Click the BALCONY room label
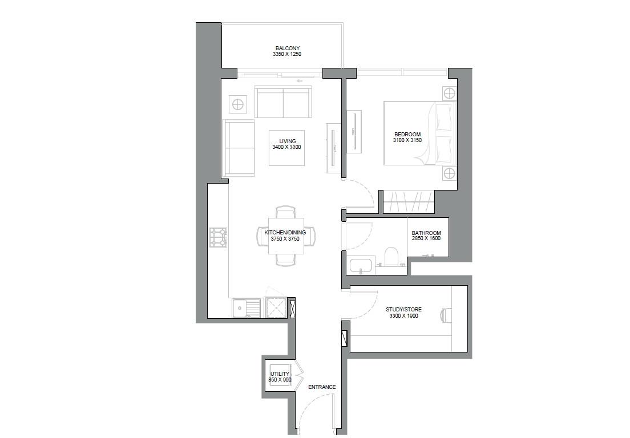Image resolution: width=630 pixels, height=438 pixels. tap(287, 48)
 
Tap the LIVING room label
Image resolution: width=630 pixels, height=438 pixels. tap(286, 141)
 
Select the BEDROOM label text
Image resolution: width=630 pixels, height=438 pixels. tap(407, 135)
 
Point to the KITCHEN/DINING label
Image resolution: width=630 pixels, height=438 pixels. tap(285, 233)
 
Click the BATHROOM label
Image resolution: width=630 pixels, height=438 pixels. tap(426, 233)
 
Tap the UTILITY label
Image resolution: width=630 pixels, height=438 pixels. tap(280, 374)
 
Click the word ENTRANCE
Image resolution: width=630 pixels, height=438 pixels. tap(322, 387)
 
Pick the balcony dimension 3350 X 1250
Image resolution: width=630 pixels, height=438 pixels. tap(286, 55)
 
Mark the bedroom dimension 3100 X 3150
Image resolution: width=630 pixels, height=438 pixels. tap(407, 140)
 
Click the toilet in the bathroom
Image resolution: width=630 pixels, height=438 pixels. tap(391, 257)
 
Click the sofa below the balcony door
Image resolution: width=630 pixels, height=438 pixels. tap(283, 103)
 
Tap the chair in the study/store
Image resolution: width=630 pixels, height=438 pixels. tap(446, 315)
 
